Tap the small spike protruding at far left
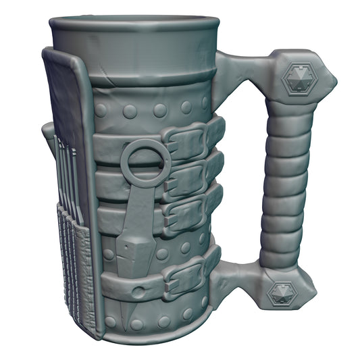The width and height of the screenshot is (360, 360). (46, 132)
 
